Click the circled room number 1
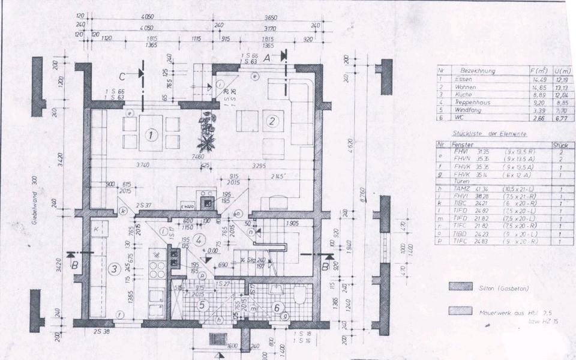click(152, 136)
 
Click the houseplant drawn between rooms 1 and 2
click(207, 131)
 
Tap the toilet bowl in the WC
click(299, 295)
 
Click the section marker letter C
click(122, 75)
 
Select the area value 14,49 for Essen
click(533, 79)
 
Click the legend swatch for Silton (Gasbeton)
click(460, 287)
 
